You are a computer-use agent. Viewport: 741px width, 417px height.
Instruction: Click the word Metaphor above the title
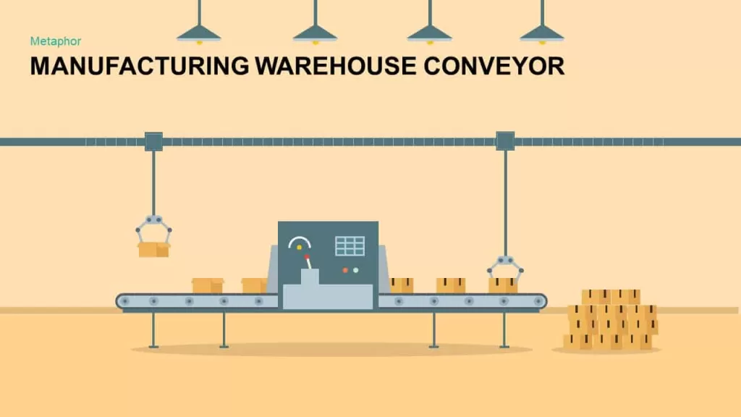tap(56, 41)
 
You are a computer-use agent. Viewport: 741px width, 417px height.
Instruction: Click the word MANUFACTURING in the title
tap(140, 66)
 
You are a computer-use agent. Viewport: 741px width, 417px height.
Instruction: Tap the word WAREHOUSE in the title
tap(336, 66)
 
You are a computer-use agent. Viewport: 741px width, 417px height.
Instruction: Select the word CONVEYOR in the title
tap(494, 66)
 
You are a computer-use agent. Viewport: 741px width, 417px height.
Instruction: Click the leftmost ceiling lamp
tap(199, 33)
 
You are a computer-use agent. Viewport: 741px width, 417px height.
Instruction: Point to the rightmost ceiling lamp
tap(542, 33)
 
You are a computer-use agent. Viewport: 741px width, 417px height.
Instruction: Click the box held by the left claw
tap(154, 249)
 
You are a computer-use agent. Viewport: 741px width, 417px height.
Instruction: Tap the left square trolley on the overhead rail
tap(153, 141)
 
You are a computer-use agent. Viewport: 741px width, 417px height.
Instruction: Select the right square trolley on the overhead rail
tap(505, 141)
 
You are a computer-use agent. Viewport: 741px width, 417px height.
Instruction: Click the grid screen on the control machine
tap(350, 246)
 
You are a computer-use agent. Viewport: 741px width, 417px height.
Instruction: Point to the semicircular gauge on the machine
tap(299, 242)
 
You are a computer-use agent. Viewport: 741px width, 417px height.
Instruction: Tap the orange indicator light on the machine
tap(345, 271)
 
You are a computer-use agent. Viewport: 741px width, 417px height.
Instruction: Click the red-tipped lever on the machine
tap(308, 262)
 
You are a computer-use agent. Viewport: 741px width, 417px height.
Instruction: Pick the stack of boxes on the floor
tap(611, 319)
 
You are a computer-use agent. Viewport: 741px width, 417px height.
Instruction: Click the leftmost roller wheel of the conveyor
tap(125, 301)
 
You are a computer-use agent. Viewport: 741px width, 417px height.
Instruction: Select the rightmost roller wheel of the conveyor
tap(538, 301)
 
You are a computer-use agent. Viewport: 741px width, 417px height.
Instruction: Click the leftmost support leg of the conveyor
tap(153, 330)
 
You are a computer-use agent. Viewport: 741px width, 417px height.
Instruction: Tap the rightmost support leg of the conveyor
tap(504, 330)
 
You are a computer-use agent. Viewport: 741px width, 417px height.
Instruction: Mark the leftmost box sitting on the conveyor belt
tap(208, 285)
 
